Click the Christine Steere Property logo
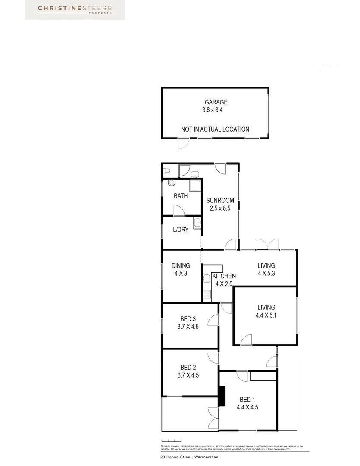click(x=75, y=9)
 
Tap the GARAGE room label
click(x=216, y=102)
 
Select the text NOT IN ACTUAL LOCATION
click(x=215, y=129)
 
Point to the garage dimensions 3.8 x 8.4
click(x=215, y=110)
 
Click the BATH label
click(x=181, y=196)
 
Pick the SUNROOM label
click(x=220, y=200)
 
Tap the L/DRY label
click(x=181, y=230)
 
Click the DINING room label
click(x=181, y=266)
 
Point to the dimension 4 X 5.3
click(x=266, y=273)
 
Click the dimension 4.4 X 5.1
click(x=266, y=315)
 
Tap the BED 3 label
click(x=188, y=319)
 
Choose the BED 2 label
click(x=188, y=368)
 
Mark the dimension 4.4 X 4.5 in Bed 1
click(x=247, y=407)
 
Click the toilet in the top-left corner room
click(x=166, y=171)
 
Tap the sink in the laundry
click(x=197, y=223)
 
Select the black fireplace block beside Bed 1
click(x=222, y=396)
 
